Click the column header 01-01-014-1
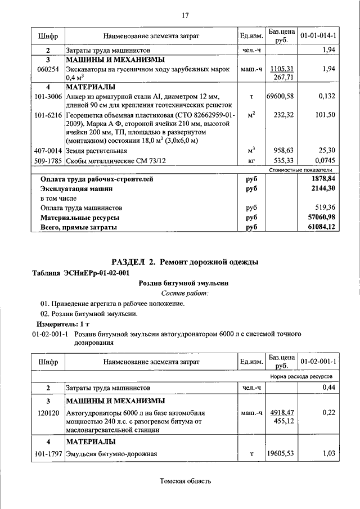pyautogui.click(x=318, y=36)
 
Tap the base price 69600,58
pyautogui.click(x=281, y=97)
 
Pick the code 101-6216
pyautogui.click(x=48, y=114)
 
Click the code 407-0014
pyautogui.click(x=48, y=151)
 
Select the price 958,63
pyautogui.click(x=283, y=151)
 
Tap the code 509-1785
pyautogui.click(x=48, y=160)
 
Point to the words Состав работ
pyautogui.click(x=184, y=293)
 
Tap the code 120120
pyautogui.click(x=48, y=412)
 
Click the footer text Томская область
pyautogui.click(x=185, y=481)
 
